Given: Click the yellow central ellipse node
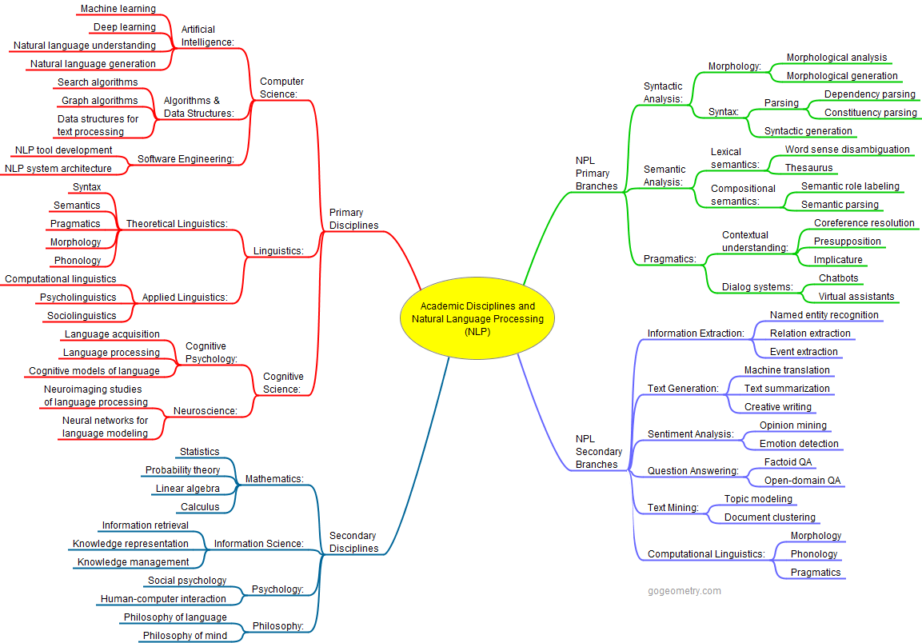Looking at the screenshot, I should click(477, 319).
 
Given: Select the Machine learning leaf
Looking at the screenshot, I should click(118, 9).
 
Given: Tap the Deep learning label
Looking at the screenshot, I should click(124, 27).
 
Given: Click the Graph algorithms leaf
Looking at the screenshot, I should click(99, 101).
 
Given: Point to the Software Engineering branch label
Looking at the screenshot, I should click(186, 159).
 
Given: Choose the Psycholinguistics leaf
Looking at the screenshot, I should click(78, 298).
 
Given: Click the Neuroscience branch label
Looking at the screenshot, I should click(206, 411).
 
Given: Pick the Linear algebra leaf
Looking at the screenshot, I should click(187, 489).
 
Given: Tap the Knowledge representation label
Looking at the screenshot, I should click(130, 544).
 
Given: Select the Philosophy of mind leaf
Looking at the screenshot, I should click(185, 636).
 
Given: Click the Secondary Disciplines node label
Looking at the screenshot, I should click(353, 542).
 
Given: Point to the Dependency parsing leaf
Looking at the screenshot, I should click(870, 94).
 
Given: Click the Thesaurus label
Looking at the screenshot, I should click(808, 168).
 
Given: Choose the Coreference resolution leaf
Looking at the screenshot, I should click(864, 223).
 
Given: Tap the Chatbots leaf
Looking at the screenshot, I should click(838, 278).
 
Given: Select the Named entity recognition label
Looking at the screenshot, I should click(824, 315).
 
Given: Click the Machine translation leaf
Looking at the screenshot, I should click(787, 370).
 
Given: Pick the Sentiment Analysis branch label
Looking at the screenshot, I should click(690, 434).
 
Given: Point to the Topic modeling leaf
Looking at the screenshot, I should click(758, 499).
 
